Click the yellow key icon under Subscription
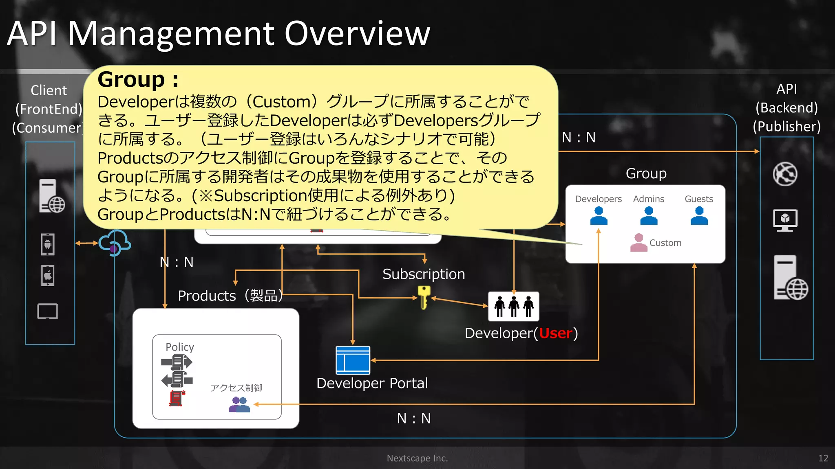[x=424, y=297]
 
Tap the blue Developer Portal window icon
[x=353, y=360]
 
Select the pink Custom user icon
[x=638, y=243]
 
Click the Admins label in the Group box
[x=648, y=199]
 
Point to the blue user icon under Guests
[x=699, y=216]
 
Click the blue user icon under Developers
[x=599, y=216]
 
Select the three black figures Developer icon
[x=513, y=307]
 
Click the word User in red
[x=556, y=333]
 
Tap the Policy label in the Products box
[x=179, y=347]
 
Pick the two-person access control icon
[x=239, y=405]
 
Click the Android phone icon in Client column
[x=48, y=244]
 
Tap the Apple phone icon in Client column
[x=48, y=276]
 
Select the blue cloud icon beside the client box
[x=115, y=243]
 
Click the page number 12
[x=823, y=458]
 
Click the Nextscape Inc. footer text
[x=417, y=458]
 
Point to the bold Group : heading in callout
[x=138, y=79]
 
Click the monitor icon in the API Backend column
[x=785, y=220]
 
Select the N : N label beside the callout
[x=579, y=138]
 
